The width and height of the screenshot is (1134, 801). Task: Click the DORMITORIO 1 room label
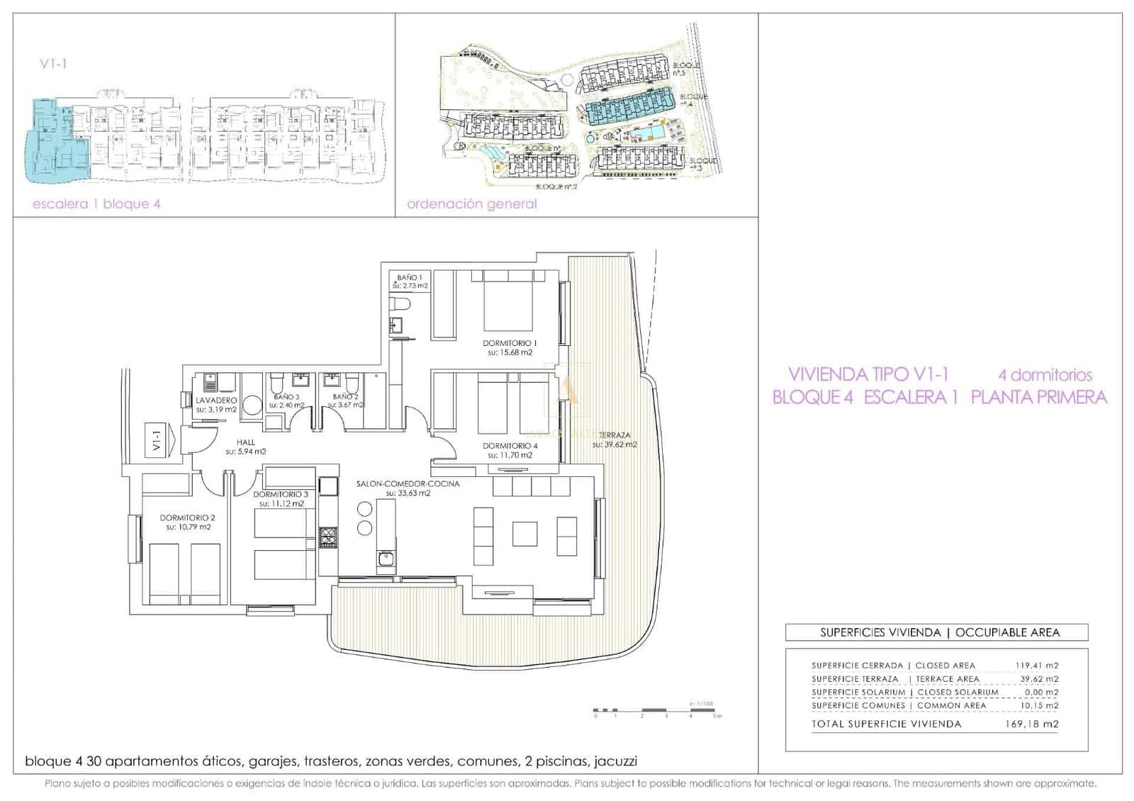tap(510, 343)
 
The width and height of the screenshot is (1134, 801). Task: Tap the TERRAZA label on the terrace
tap(614, 435)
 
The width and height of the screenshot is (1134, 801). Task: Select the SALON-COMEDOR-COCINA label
tap(408, 483)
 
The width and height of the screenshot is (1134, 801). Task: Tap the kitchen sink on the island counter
tap(386, 559)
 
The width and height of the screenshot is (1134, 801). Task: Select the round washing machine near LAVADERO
tap(252, 405)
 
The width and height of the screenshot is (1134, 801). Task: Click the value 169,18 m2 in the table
tap(1031, 724)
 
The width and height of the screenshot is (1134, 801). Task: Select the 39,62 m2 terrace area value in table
tap(1038, 678)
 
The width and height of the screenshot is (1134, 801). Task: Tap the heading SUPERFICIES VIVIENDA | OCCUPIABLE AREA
tap(939, 632)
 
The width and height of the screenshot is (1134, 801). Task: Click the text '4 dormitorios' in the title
tap(1045, 374)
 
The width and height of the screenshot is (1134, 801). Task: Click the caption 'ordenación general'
tap(471, 204)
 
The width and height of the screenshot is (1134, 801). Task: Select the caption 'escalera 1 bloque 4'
tap(96, 204)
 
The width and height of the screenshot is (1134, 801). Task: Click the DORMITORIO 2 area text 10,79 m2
tap(188, 527)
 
